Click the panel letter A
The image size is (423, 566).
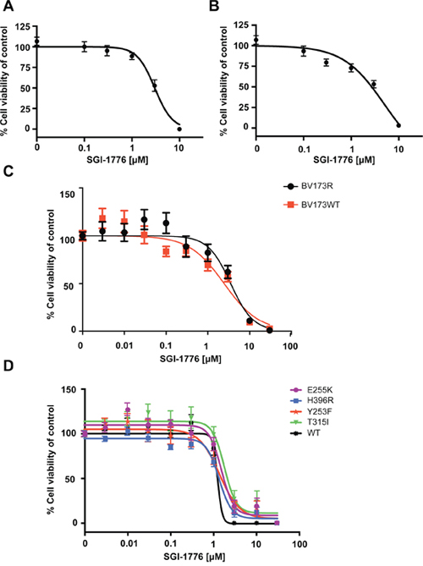8,5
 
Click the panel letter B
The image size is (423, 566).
214,5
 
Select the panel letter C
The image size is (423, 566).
8,171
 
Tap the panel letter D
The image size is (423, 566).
8,365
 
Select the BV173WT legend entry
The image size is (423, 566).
310,205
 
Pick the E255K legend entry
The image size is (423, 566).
309,390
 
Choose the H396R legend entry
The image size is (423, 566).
309,400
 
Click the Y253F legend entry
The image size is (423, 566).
309,411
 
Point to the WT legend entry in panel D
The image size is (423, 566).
305,432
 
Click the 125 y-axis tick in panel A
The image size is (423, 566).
23,27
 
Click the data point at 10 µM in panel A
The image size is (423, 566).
179,129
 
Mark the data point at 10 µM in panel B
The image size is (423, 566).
398,125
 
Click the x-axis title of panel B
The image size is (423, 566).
344,159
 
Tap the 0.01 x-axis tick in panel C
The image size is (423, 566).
124,346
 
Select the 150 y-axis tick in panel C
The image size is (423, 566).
67,195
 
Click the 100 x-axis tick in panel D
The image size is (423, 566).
299,544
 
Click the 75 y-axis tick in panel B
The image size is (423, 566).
246,66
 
